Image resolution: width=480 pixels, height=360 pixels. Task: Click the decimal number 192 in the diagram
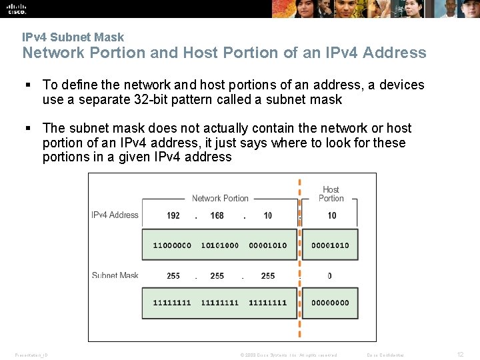coord(173,215)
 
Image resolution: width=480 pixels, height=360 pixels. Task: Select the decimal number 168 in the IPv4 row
coord(217,215)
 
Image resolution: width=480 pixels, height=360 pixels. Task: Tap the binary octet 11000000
coord(172,245)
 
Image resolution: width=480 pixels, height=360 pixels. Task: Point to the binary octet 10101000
coord(219,245)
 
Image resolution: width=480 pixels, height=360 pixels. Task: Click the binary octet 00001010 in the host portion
coord(330,245)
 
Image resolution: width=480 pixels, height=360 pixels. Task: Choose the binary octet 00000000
coord(330,303)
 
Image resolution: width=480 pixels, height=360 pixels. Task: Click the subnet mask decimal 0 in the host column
coord(330,275)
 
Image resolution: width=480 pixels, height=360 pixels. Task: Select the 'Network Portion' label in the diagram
coord(220,198)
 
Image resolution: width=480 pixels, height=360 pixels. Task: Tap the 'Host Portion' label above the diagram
coord(331,194)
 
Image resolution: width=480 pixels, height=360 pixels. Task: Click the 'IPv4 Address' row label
coord(115,215)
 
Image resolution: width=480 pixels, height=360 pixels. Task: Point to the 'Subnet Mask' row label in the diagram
coord(115,275)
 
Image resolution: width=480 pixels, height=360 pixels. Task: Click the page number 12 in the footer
coord(460,355)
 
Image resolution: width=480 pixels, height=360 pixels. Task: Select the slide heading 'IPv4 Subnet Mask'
coord(73,37)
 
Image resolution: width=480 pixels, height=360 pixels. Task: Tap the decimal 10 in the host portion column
coord(332,215)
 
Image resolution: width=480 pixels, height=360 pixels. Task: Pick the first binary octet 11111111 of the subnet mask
coord(172,303)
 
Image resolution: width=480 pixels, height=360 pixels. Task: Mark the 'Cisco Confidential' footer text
coord(385,355)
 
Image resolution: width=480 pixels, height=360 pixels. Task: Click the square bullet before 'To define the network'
coord(28,85)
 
